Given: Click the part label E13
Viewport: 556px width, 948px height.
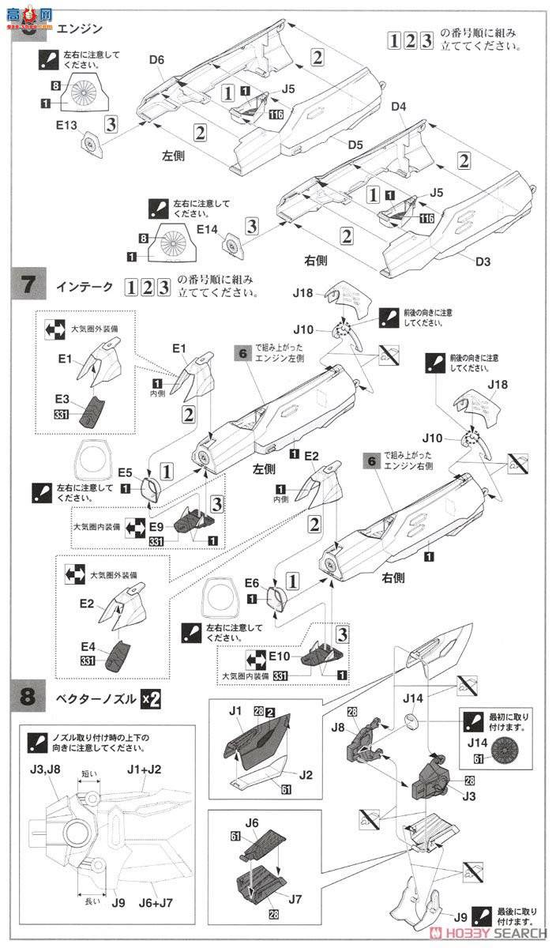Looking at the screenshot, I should (x=66, y=124).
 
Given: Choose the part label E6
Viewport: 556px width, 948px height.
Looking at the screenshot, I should (x=252, y=582).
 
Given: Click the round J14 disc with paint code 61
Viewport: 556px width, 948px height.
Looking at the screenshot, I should (x=501, y=747).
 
